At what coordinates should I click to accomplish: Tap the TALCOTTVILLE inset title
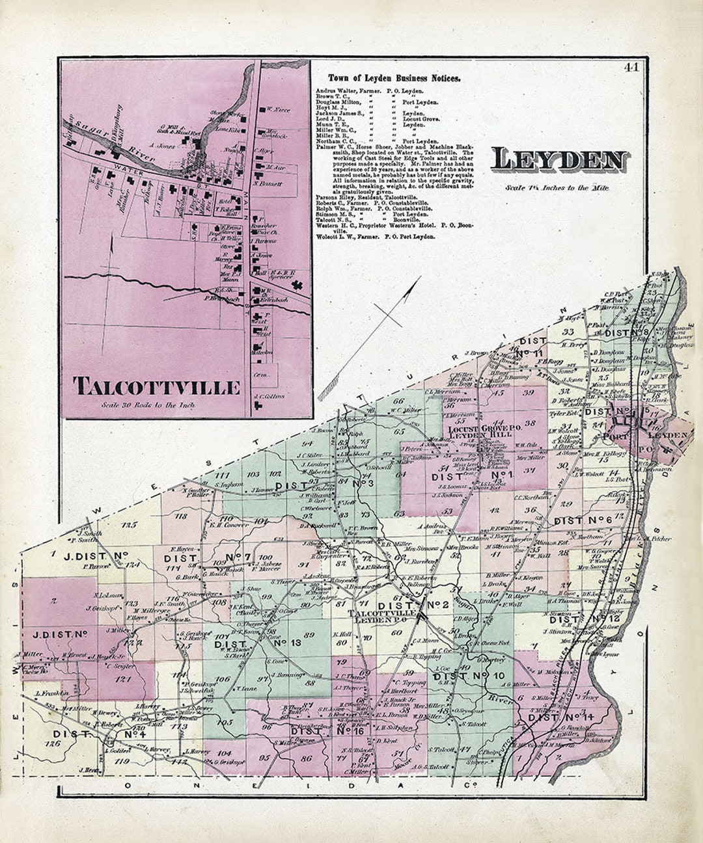pyautogui.click(x=156, y=386)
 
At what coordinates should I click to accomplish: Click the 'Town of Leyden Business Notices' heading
pyautogui.click(x=394, y=77)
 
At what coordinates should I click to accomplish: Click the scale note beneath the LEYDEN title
pyautogui.click(x=557, y=188)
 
